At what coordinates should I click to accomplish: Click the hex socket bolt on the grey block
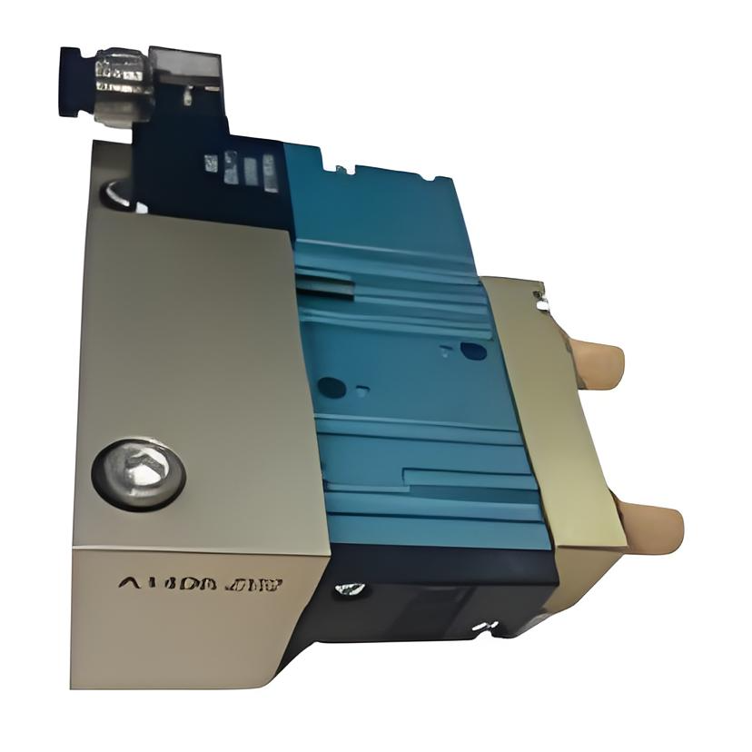(138, 472)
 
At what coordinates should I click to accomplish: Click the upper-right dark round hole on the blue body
(473, 351)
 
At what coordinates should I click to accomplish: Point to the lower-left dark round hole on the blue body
(331, 388)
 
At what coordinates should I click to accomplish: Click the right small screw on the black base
(484, 626)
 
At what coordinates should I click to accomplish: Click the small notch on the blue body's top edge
(341, 167)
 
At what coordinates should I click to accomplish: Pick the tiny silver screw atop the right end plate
(543, 297)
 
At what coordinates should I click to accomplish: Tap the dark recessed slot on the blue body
(322, 286)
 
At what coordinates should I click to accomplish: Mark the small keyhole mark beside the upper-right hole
(446, 348)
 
